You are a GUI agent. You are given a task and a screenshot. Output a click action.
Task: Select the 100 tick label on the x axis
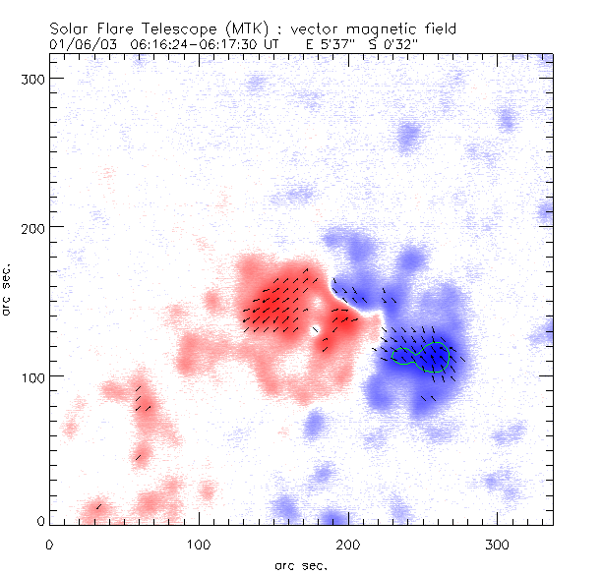point(199,544)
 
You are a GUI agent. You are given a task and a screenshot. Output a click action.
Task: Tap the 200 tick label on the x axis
point(348,544)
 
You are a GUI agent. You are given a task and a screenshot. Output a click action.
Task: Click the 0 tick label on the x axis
point(49,544)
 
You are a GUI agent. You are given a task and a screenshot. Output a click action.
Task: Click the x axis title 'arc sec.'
point(300,564)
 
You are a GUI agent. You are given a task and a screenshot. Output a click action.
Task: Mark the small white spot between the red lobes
point(316,330)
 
